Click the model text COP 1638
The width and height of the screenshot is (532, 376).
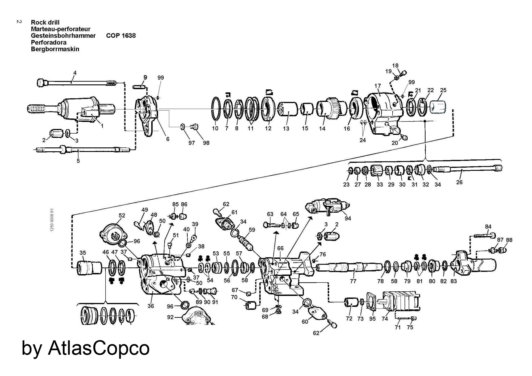(x=121, y=36)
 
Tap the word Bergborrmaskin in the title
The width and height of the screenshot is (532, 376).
(x=55, y=49)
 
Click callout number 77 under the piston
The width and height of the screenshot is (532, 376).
(x=353, y=281)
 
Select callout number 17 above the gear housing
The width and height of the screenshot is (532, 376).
(x=378, y=86)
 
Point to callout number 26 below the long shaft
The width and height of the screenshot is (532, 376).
(x=459, y=182)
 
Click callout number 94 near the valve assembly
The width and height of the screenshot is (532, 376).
(x=348, y=218)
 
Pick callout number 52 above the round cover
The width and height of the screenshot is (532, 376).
(x=122, y=215)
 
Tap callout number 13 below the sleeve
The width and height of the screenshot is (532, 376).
(x=286, y=129)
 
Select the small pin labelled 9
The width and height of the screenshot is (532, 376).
(x=139, y=87)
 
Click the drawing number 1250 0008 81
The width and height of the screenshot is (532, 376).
(x=52, y=220)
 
